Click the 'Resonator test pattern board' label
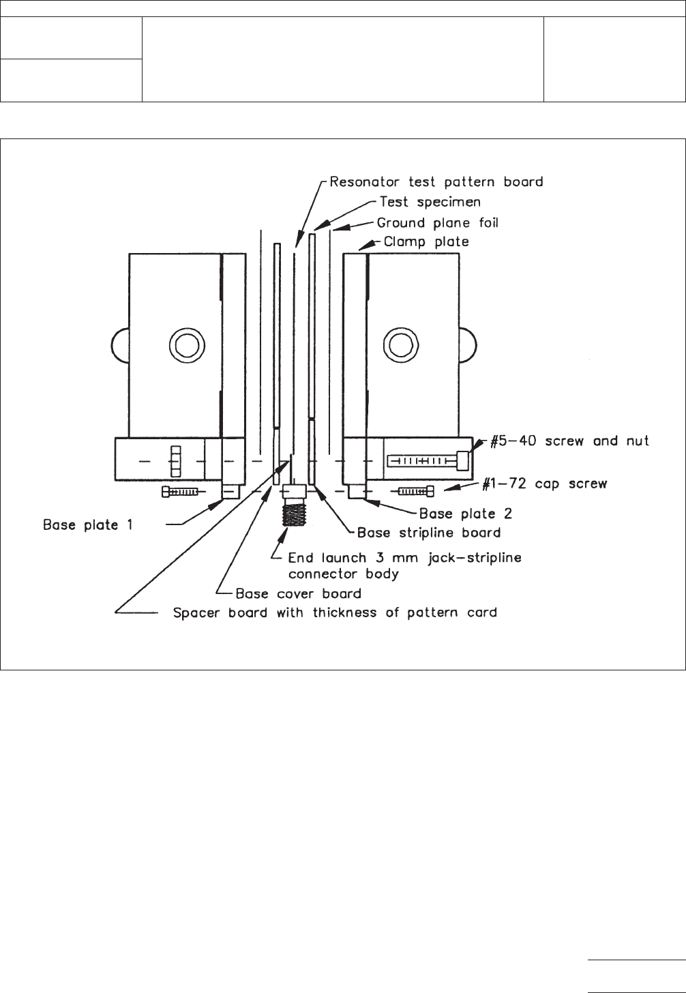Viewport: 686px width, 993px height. [436, 182]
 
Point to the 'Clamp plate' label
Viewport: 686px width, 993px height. [426, 242]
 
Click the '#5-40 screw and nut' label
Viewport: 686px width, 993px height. [570, 441]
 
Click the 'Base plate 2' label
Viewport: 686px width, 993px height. [465, 513]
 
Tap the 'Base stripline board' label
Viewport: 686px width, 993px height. [429, 533]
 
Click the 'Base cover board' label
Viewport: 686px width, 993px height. [298, 593]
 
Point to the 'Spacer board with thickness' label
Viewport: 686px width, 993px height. [335, 612]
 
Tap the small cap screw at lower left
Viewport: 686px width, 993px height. [179, 491]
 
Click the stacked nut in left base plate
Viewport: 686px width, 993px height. [176, 462]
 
